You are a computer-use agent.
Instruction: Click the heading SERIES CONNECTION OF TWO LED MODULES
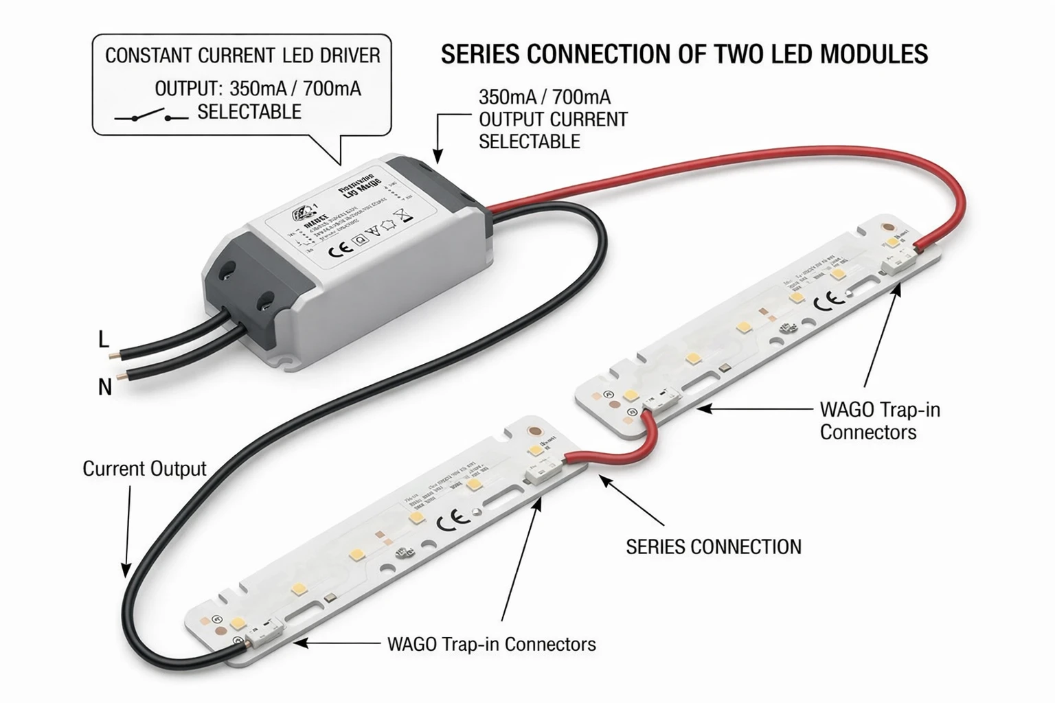pos(684,54)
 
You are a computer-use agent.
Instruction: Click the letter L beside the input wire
pos(104,339)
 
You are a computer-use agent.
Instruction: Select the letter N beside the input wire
pos(104,388)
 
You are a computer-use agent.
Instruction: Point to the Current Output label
pos(144,469)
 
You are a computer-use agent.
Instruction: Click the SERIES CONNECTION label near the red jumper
pos(713,547)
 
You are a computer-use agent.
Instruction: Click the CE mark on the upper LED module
pos(828,300)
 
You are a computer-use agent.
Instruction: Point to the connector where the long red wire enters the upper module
pos(900,262)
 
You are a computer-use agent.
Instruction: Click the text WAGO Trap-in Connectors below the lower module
pos(492,645)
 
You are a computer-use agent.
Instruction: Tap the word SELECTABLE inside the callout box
pos(249,112)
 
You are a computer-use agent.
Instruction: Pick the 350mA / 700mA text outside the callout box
pos(544,97)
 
